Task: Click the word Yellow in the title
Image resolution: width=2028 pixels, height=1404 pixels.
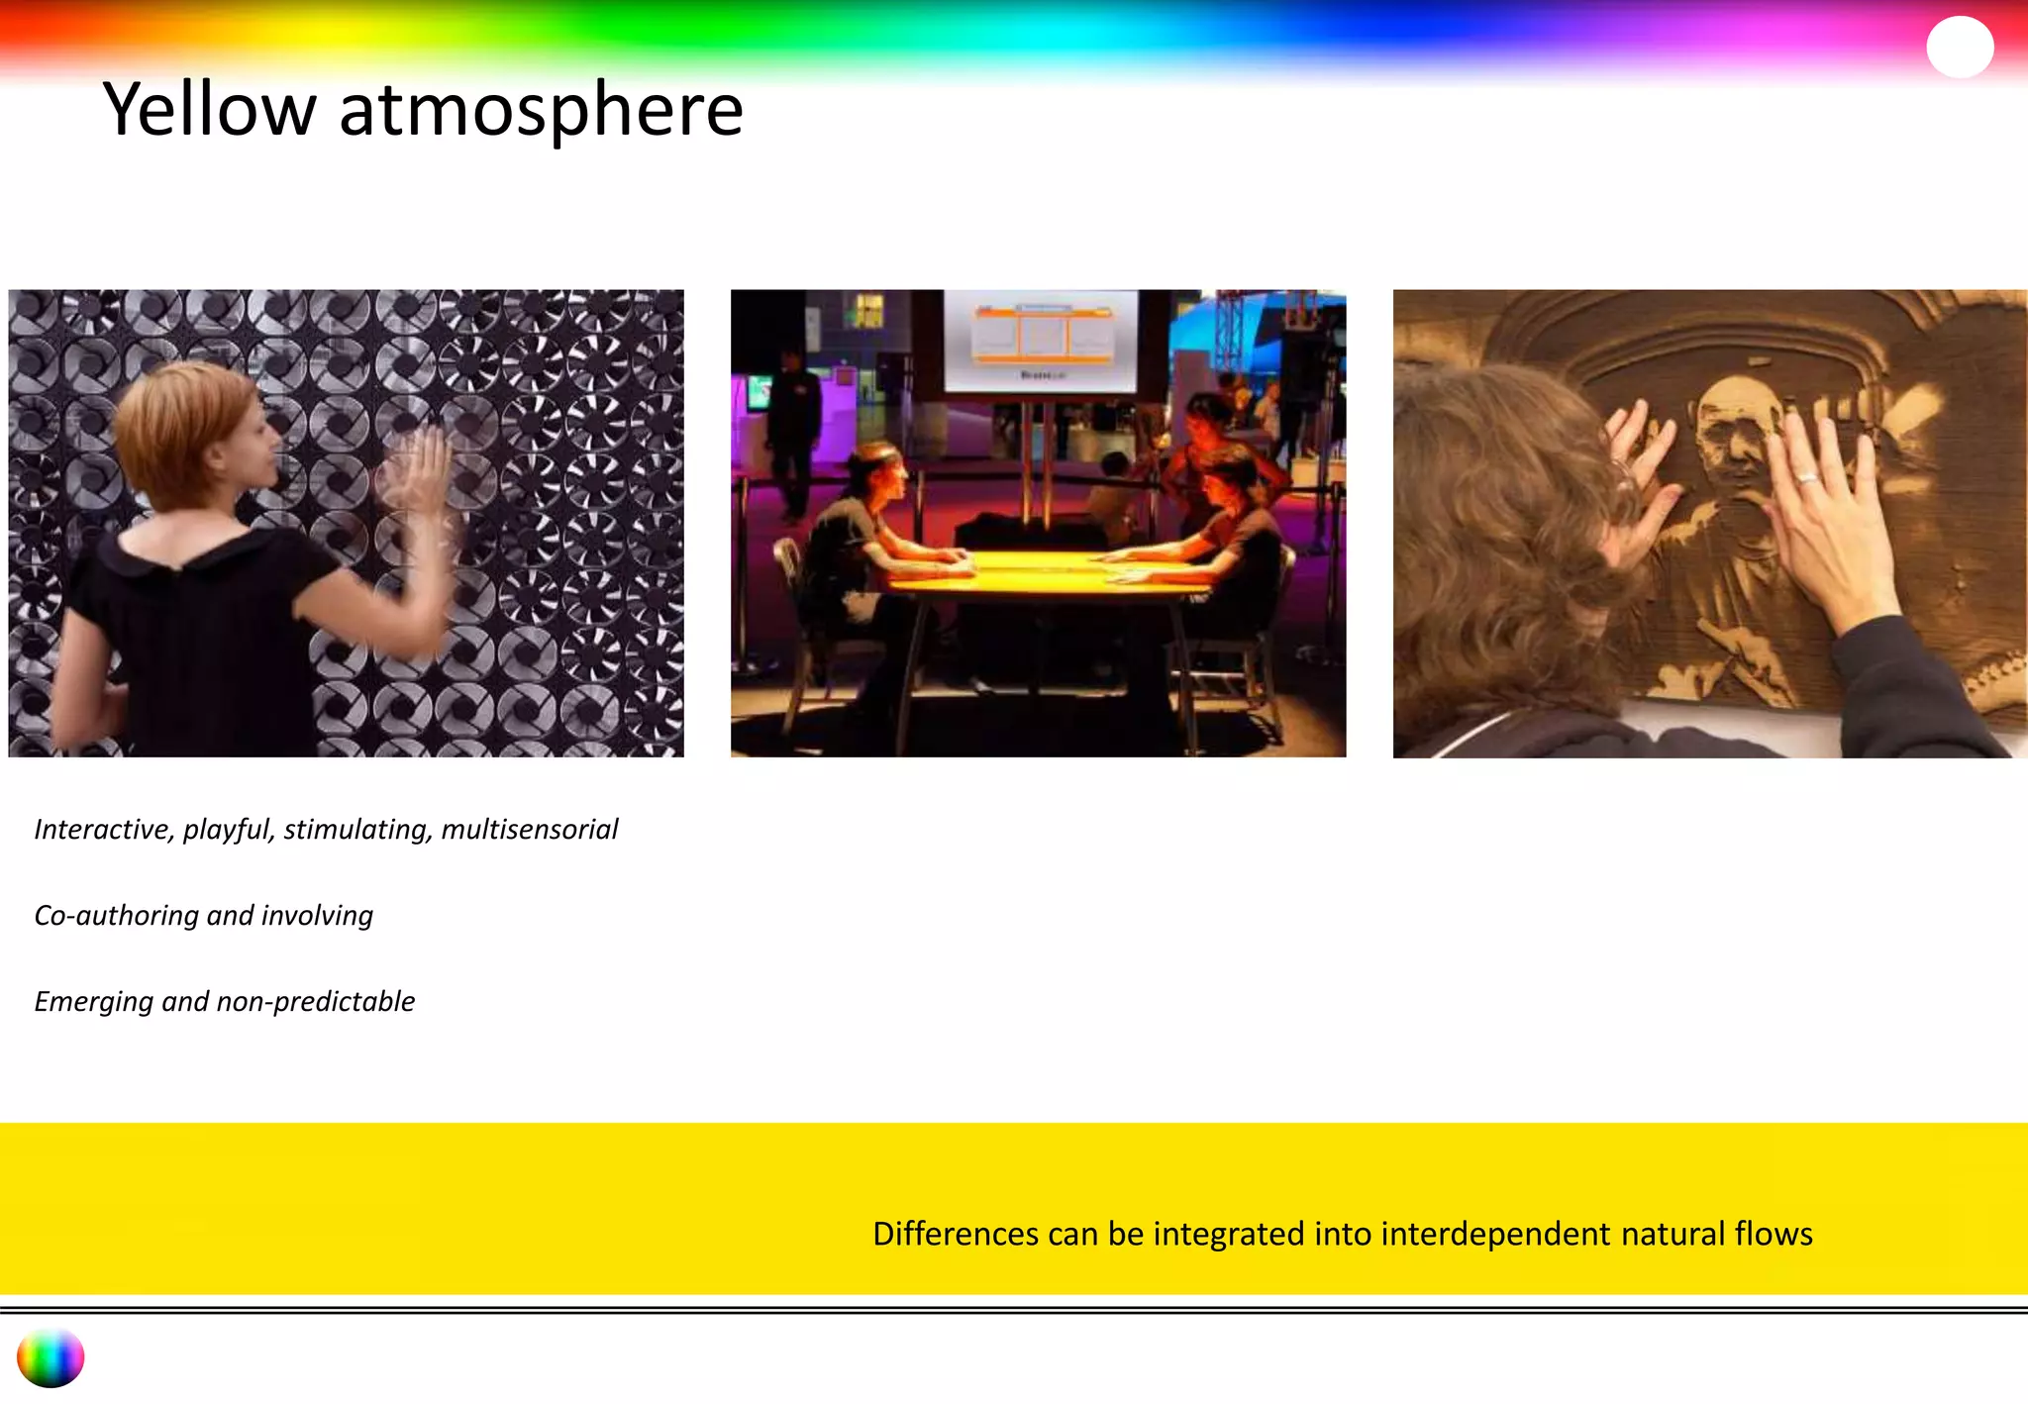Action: pyautogui.click(x=209, y=111)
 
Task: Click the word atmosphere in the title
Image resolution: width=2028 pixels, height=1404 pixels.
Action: pyautogui.click(x=541, y=111)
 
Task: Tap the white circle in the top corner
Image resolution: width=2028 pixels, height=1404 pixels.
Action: pyautogui.click(x=1960, y=47)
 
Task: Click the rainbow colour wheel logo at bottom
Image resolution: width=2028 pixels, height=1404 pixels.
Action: pyautogui.click(x=51, y=1357)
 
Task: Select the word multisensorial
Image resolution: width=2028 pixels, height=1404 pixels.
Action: pyautogui.click(x=529, y=829)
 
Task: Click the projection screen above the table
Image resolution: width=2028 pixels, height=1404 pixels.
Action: pyautogui.click(x=1040, y=340)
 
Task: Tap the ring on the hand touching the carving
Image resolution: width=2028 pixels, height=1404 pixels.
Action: pyautogui.click(x=1807, y=478)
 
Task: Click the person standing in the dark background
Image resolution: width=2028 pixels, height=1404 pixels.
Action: pyautogui.click(x=793, y=431)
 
